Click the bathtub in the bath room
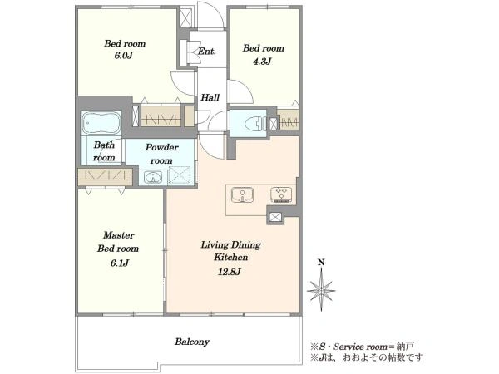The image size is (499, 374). (x=101, y=123)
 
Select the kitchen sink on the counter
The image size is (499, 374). (x=243, y=194)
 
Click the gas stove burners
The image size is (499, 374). (x=281, y=195)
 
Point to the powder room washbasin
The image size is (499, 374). (x=153, y=178)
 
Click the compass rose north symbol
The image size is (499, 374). (x=321, y=290)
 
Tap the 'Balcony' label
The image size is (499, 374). (x=192, y=342)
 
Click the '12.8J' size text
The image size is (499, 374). (x=230, y=272)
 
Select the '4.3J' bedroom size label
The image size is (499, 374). (x=262, y=61)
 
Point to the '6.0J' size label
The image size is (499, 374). (x=123, y=56)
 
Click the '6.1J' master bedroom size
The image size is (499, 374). (x=120, y=263)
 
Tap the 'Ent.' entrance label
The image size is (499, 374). (x=207, y=51)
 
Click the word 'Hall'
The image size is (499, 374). (x=210, y=97)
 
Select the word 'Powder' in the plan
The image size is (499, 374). (x=162, y=148)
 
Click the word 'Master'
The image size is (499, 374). (x=119, y=235)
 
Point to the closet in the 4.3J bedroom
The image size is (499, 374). (x=289, y=120)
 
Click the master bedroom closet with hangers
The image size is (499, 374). (x=105, y=177)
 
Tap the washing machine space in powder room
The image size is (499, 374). (x=180, y=175)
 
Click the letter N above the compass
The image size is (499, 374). (x=321, y=263)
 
